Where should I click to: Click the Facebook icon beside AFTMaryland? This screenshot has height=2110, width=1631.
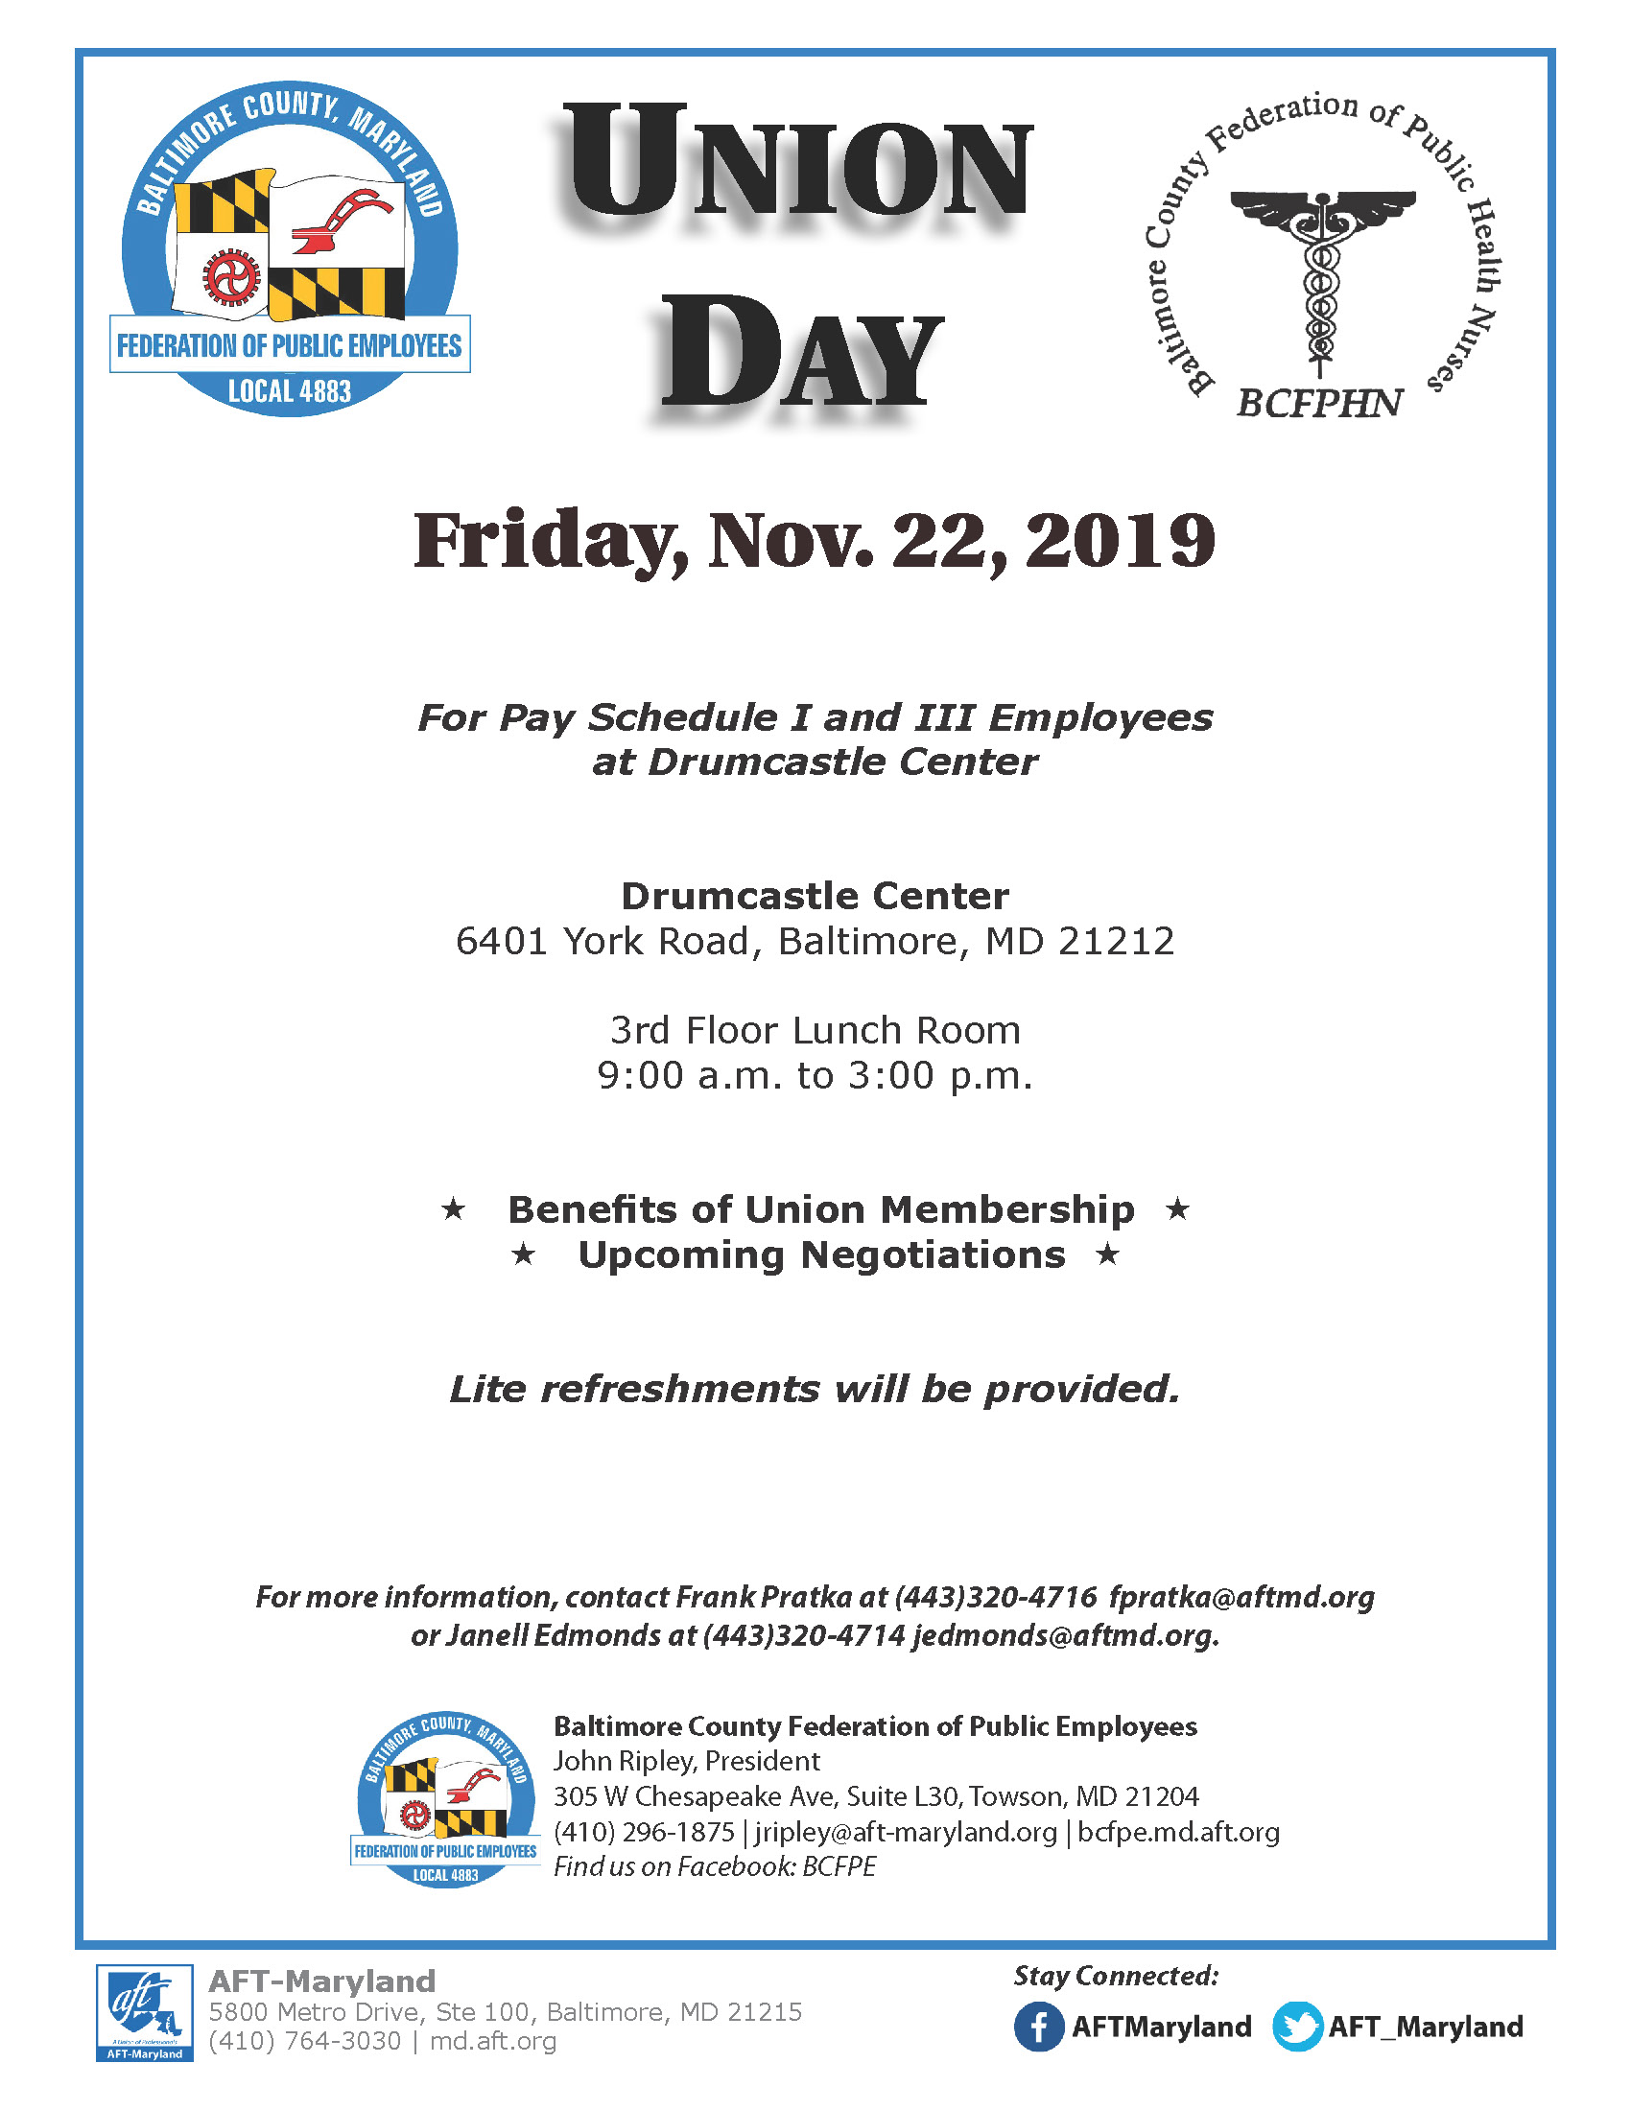click(x=1039, y=2026)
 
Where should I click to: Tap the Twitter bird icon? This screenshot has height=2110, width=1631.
click(x=1297, y=2026)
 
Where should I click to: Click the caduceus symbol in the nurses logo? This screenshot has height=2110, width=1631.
click(x=1321, y=280)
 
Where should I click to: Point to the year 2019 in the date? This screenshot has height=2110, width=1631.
click(x=1120, y=541)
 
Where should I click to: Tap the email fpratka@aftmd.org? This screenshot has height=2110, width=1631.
click(x=1241, y=1597)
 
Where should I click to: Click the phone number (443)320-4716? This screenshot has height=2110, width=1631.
click(x=995, y=1597)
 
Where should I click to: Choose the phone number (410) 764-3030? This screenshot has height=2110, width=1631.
click(x=304, y=2040)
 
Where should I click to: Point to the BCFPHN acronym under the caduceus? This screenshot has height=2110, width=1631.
click(x=1319, y=404)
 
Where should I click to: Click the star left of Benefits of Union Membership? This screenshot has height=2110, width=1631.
click(x=453, y=1208)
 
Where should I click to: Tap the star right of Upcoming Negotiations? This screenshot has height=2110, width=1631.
click(x=1107, y=1254)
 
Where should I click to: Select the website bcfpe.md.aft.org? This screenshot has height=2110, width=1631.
click(x=1178, y=1831)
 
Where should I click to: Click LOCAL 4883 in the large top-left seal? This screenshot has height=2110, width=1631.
click(x=289, y=391)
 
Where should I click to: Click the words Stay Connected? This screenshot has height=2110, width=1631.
click(x=1116, y=1976)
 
